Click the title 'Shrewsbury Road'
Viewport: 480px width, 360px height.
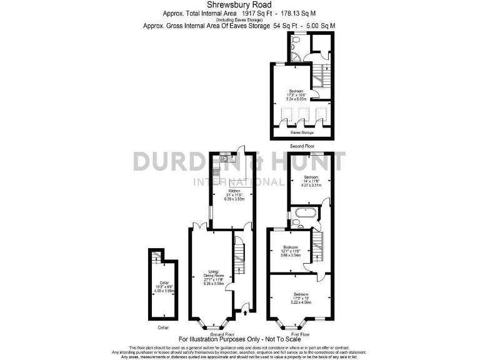(x=239, y=4)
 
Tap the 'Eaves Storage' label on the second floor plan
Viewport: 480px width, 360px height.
(x=301, y=132)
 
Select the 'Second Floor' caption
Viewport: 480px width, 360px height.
(x=301, y=146)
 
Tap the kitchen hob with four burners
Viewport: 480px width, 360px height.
(x=216, y=173)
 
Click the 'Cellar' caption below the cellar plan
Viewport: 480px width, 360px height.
(x=163, y=327)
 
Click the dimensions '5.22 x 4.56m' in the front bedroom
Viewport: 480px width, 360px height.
(x=302, y=302)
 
